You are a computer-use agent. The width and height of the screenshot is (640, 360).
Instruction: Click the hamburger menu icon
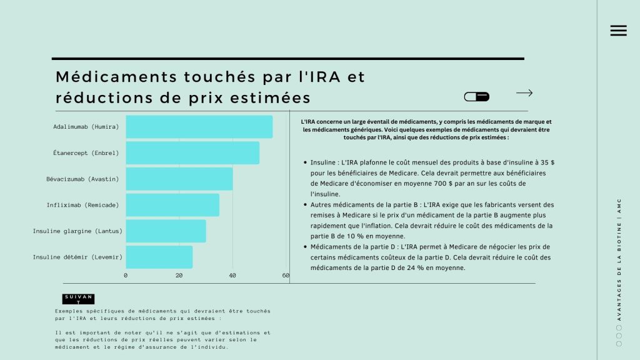[x=618, y=31]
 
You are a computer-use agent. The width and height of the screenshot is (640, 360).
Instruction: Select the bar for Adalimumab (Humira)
[x=199, y=127]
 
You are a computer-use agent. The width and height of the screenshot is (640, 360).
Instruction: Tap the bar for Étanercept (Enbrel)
[x=192, y=153]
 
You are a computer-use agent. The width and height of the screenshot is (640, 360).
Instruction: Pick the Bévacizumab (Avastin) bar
[x=179, y=179]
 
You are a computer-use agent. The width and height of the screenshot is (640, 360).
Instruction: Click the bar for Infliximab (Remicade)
[x=172, y=205]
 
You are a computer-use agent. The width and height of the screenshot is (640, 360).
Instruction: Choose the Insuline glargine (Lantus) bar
[x=166, y=231]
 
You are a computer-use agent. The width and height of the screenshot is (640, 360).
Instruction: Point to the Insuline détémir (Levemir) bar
[x=159, y=257]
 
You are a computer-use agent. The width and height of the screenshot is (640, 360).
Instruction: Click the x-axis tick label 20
[x=179, y=276]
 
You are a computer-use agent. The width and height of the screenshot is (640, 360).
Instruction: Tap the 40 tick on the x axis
[x=232, y=276]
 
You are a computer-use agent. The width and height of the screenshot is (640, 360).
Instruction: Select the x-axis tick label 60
[x=286, y=276]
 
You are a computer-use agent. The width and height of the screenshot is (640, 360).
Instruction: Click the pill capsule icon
[x=477, y=97]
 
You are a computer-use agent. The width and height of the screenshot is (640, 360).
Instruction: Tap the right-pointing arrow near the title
[x=524, y=93]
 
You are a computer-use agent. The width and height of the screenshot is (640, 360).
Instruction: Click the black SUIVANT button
[x=78, y=299]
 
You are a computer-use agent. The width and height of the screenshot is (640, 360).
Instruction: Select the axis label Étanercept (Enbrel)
[x=86, y=153]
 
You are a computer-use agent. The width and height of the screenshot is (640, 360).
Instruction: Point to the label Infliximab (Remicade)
[x=82, y=205]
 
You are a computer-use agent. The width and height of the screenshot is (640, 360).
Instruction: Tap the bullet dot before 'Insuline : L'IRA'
[x=304, y=162]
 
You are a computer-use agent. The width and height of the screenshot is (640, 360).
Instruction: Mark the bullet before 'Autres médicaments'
[x=304, y=204]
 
